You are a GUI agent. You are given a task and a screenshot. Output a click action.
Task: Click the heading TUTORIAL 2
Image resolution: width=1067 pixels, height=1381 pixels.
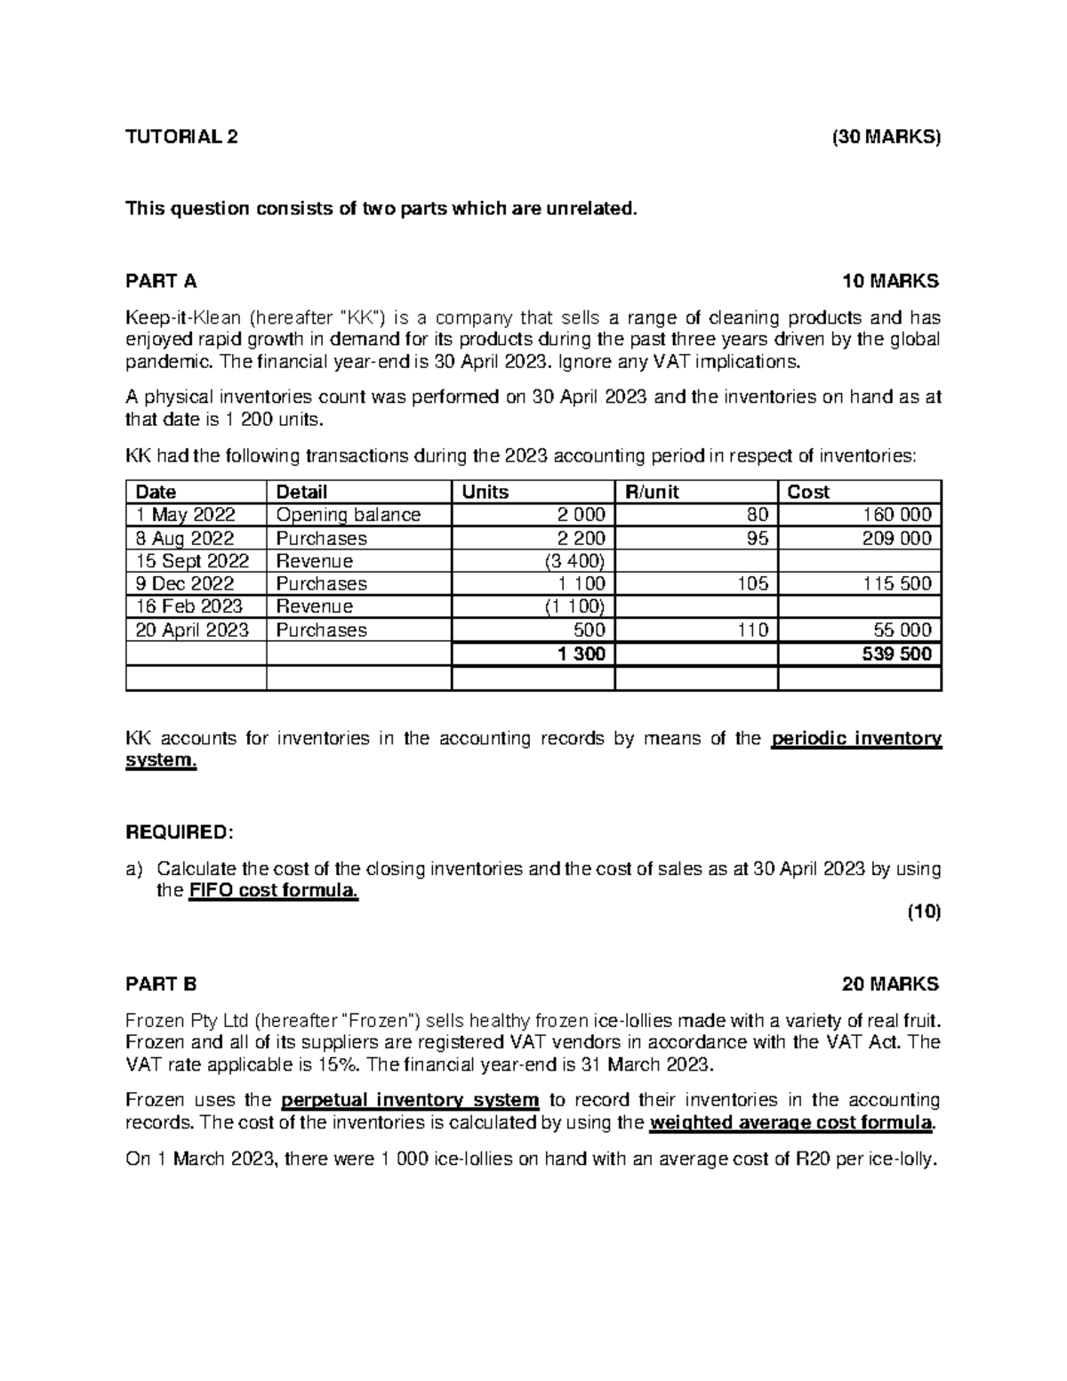181,137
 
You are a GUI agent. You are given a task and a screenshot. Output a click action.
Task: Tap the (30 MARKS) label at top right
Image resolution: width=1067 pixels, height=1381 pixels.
885,137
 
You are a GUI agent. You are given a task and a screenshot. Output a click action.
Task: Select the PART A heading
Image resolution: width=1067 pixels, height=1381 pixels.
161,282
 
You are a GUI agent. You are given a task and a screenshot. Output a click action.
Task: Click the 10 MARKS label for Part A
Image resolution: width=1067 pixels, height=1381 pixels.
890,282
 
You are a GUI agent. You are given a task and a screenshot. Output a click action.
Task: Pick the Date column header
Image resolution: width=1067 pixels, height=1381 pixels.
156,492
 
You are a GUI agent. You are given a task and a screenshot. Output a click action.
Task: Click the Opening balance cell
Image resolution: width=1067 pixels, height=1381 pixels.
349,515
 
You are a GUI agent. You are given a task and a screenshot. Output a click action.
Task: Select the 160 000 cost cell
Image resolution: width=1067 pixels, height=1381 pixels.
897,515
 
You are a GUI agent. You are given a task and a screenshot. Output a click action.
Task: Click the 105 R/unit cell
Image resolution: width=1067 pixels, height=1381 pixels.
752,584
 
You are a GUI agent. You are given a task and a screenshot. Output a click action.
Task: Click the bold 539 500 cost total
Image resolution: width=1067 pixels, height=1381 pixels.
897,654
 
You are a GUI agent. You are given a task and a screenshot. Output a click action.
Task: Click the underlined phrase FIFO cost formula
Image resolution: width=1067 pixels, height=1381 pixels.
274,891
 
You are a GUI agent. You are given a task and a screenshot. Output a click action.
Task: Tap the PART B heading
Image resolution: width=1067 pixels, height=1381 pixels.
161,984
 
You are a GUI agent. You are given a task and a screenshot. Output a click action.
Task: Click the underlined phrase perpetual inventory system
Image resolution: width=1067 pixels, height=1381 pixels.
410,1100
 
